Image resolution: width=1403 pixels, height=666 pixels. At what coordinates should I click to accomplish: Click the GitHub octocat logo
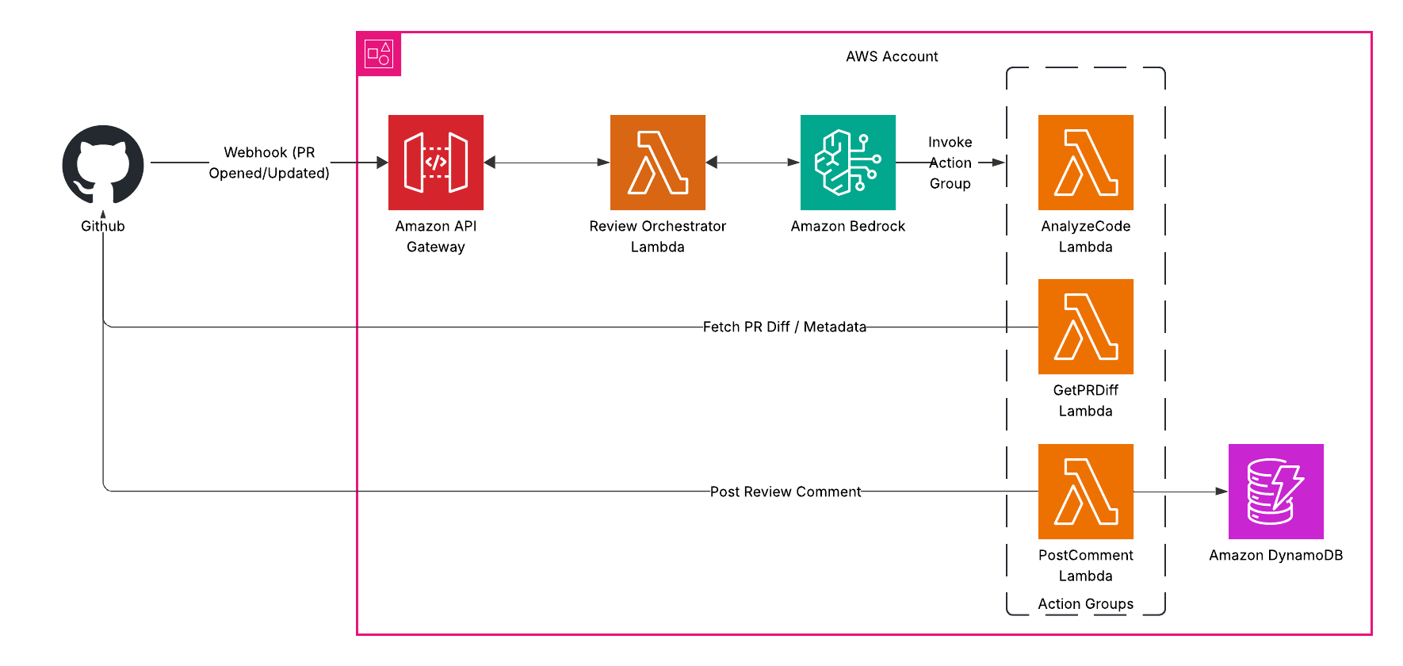(103, 164)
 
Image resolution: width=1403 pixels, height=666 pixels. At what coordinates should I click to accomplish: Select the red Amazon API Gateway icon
(436, 163)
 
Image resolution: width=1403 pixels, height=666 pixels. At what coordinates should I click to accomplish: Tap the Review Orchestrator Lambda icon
(658, 163)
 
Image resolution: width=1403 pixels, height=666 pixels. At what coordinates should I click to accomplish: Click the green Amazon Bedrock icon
(848, 163)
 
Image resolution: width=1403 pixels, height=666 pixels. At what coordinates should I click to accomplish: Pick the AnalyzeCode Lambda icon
(1086, 163)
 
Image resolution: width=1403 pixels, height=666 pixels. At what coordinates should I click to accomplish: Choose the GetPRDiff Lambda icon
(1086, 327)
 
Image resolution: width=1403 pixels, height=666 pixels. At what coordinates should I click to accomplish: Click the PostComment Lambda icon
(1086, 492)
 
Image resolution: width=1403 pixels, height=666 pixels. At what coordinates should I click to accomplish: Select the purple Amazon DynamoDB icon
(1276, 492)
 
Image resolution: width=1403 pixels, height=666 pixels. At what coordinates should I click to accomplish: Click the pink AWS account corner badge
(379, 54)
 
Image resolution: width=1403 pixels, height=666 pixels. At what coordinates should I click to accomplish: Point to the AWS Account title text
(892, 56)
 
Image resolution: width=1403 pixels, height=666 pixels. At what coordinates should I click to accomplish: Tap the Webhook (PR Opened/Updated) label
(270, 163)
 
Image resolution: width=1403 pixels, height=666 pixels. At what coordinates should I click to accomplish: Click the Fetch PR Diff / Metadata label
(785, 327)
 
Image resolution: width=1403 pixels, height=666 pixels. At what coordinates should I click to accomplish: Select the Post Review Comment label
(785, 492)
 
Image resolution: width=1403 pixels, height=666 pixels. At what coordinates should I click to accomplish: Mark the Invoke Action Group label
(950, 163)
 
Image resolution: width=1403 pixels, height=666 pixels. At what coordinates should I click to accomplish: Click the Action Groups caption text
(1086, 603)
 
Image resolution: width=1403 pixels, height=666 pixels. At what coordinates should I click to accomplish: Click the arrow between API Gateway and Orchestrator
(547, 163)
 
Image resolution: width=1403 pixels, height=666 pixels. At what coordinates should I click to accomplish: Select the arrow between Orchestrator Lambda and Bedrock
(753, 163)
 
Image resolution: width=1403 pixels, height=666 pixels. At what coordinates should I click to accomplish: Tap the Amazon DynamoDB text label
(1276, 555)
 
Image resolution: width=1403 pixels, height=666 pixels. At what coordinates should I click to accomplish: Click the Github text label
(103, 226)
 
